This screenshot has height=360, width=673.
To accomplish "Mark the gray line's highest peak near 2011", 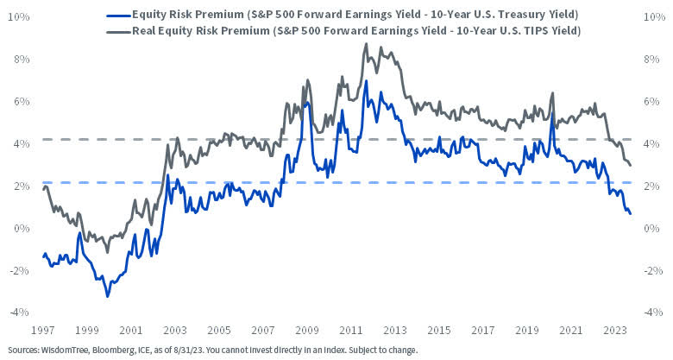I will click(x=366, y=43).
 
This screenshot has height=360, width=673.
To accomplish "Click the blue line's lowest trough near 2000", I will click(x=107, y=297).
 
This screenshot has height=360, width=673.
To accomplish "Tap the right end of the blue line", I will click(x=630, y=213).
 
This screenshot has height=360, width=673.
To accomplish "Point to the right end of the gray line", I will click(x=630, y=165).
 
